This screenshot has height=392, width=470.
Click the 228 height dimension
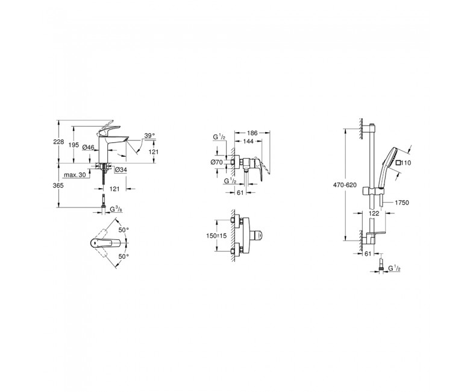click(x=58, y=142)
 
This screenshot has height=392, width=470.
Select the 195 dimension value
click(x=74, y=145)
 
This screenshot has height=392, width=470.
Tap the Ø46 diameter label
click(x=88, y=147)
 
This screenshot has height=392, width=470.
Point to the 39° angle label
click(x=149, y=136)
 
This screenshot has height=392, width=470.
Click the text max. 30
click(x=75, y=174)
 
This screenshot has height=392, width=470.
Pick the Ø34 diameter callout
click(x=121, y=169)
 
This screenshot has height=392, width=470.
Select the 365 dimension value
click(x=58, y=186)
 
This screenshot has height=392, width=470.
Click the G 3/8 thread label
click(x=116, y=209)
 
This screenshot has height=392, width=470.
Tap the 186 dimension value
click(x=252, y=132)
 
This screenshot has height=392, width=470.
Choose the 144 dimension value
click(x=248, y=141)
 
